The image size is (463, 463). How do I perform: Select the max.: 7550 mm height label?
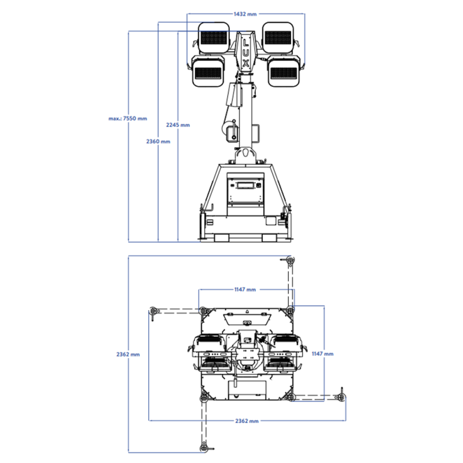127,119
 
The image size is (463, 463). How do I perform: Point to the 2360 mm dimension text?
157,141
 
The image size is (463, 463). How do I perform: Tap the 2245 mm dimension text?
178,124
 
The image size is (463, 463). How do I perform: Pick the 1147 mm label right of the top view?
323,353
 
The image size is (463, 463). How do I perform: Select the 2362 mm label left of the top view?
127,354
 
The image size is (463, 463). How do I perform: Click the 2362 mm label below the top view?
246,421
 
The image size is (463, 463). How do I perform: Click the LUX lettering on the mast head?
246,53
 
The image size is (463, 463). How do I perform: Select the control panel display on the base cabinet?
246,186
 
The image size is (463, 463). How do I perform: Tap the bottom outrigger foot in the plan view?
204,446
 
